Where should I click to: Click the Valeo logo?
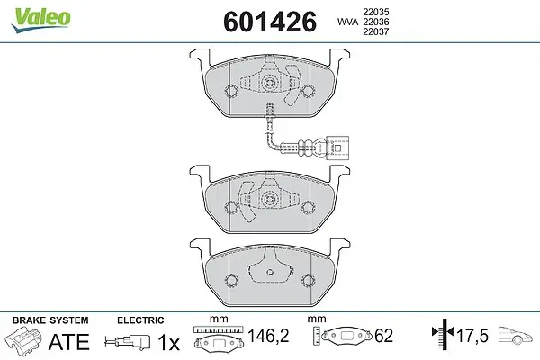pos(40,20)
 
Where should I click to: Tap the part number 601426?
pos(270,22)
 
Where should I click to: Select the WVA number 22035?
pos(375,12)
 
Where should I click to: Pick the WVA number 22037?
pos(375,31)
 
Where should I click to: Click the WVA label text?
pos(347,22)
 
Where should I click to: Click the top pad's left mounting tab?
pos(200,57)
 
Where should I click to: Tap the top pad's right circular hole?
pos(308,91)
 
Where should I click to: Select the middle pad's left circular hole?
pos(231,207)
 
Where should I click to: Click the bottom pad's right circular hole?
pos(308,280)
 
